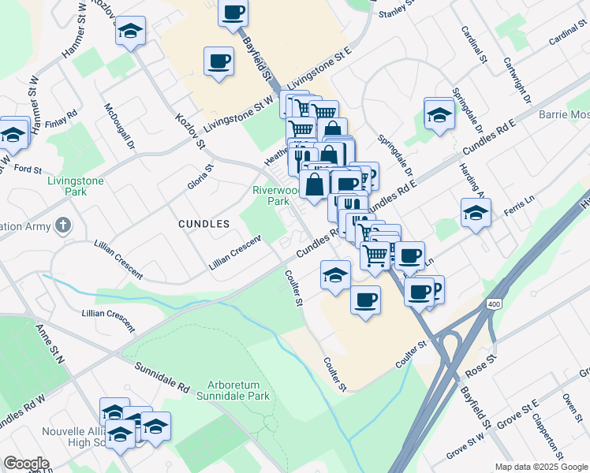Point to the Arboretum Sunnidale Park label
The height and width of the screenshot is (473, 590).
point(233,390)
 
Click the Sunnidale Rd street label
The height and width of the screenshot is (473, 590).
point(162,378)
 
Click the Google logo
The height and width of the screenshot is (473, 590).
point(26,464)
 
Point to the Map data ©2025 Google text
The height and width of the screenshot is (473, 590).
point(542,467)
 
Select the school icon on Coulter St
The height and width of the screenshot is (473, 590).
point(335,275)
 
